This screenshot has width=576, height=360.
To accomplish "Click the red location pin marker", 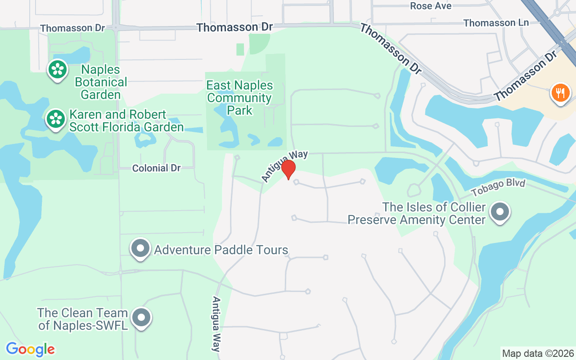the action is click(x=288, y=169).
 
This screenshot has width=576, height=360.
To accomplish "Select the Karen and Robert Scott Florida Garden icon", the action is click(x=56, y=119).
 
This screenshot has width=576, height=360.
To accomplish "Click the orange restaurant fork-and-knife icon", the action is click(x=560, y=94).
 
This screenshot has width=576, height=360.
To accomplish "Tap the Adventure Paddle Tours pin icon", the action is click(x=140, y=248).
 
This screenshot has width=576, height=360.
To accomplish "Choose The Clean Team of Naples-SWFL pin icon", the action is click(x=142, y=318).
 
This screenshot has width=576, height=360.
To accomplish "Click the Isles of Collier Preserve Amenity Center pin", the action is click(x=499, y=211).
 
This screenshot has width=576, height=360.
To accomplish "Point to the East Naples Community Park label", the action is click(x=239, y=98).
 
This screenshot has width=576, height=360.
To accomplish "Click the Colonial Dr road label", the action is click(x=156, y=168).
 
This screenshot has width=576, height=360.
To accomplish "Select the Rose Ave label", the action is click(x=431, y=6).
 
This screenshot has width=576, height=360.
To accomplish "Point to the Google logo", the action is click(x=30, y=349).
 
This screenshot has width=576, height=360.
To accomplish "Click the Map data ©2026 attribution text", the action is click(x=538, y=353).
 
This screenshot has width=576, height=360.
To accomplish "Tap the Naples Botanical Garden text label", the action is click(x=101, y=82).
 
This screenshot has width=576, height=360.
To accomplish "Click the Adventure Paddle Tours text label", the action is click(x=221, y=250).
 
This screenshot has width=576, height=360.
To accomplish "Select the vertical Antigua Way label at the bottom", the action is click(x=217, y=324).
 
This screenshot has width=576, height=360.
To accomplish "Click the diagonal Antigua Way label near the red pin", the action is click(x=285, y=166).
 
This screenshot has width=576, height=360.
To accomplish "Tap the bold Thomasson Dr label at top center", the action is click(x=234, y=27).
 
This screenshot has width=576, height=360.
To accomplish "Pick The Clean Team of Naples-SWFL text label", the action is click(x=83, y=319).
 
